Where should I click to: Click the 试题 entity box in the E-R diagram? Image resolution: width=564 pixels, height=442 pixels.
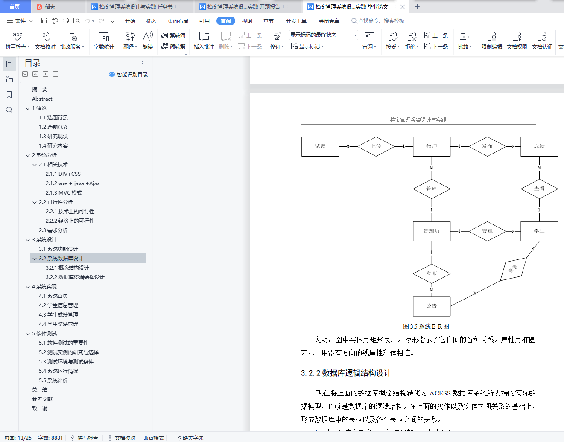[x=320, y=146]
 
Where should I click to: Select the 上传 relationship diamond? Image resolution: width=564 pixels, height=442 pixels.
[x=376, y=146]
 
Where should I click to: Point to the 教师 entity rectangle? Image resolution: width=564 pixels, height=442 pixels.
[x=431, y=146]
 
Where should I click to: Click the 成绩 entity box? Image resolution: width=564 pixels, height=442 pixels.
[x=539, y=146]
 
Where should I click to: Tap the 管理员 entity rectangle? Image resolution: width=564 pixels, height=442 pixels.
[x=431, y=231]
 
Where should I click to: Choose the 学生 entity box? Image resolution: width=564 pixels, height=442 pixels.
[x=539, y=231]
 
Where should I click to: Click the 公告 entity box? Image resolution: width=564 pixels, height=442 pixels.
[x=431, y=306]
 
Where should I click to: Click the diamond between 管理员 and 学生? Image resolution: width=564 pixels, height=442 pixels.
[x=487, y=231]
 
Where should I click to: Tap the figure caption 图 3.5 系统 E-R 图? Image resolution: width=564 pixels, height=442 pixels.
[x=426, y=326]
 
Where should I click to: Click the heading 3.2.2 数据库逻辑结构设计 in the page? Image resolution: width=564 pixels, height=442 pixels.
[x=346, y=373]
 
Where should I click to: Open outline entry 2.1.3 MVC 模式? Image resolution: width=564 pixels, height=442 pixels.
[x=64, y=193]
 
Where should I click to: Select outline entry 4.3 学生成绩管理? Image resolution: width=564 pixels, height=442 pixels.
[x=58, y=315]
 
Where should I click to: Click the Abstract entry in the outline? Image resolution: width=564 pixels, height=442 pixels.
[x=42, y=99]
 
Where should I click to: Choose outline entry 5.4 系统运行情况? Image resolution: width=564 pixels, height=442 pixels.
[x=58, y=371]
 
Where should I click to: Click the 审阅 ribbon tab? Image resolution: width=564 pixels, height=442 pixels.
[x=226, y=21]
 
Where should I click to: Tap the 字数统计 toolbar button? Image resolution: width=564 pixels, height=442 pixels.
[x=104, y=40]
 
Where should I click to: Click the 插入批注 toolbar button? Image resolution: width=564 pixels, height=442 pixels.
[x=204, y=40]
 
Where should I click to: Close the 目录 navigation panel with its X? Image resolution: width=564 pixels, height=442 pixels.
[x=143, y=63]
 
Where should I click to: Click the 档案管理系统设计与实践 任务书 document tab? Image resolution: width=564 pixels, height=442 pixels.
[x=136, y=7]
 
